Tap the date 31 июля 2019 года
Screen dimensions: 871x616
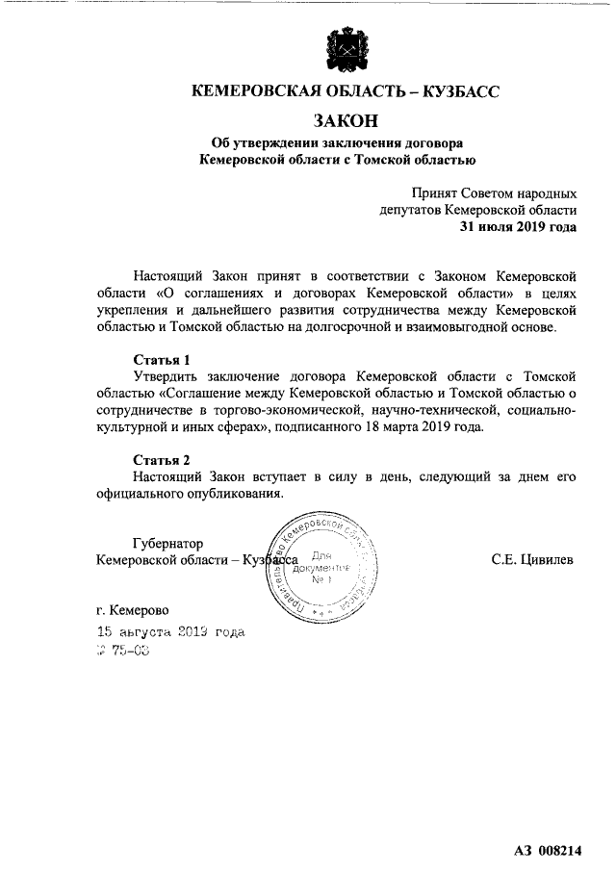pyautogui.click(x=518, y=227)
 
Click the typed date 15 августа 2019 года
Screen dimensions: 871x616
pyautogui.click(x=170, y=632)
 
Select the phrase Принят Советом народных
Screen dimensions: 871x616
pyautogui.click(x=495, y=192)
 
